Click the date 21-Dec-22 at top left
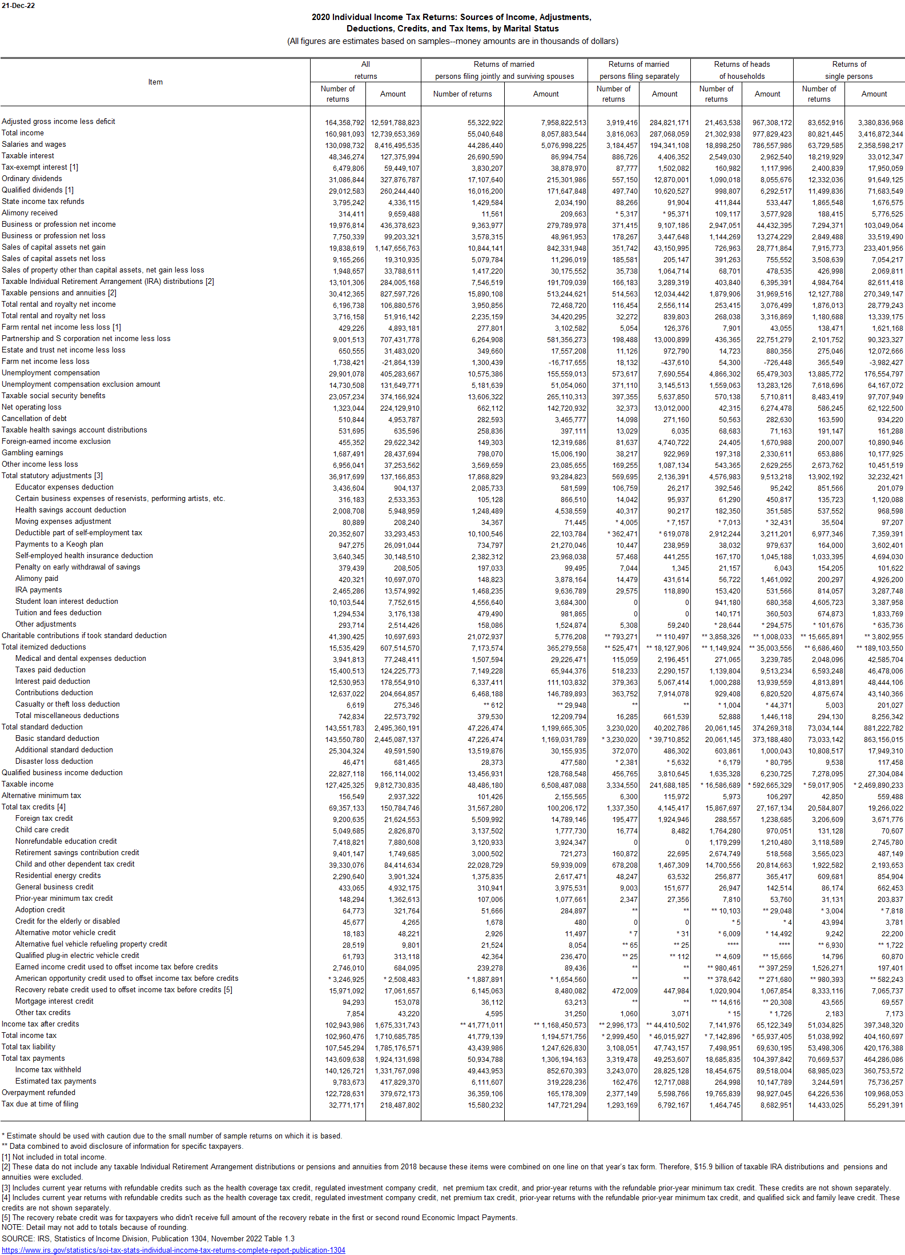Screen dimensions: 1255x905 tap(18, 6)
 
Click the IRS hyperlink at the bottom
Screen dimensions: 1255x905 tap(174, 1250)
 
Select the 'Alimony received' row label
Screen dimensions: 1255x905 tap(30, 212)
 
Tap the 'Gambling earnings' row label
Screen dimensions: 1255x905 tap(33, 452)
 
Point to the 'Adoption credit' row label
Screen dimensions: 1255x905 tap(40, 909)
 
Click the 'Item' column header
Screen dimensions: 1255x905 tap(155, 82)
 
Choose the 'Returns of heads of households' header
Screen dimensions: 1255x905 tap(742, 70)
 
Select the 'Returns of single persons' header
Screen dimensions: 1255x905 tap(848, 70)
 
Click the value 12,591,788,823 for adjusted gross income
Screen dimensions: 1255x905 tap(395, 122)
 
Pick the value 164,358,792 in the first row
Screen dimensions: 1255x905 tap(344, 122)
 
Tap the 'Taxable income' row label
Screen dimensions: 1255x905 tap(27, 784)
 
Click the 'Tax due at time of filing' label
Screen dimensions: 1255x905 tap(40, 1104)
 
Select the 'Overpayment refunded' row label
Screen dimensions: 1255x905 tap(38, 1092)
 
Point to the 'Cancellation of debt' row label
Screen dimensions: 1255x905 tap(34, 418)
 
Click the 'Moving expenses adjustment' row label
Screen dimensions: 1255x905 tap(63, 521)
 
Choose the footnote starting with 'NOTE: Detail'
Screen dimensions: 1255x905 tap(95, 1227)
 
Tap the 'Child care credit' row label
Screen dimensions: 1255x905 tap(42, 829)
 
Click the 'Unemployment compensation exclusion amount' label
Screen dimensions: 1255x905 tap(81, 384)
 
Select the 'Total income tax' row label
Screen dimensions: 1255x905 tap(29, 1035)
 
